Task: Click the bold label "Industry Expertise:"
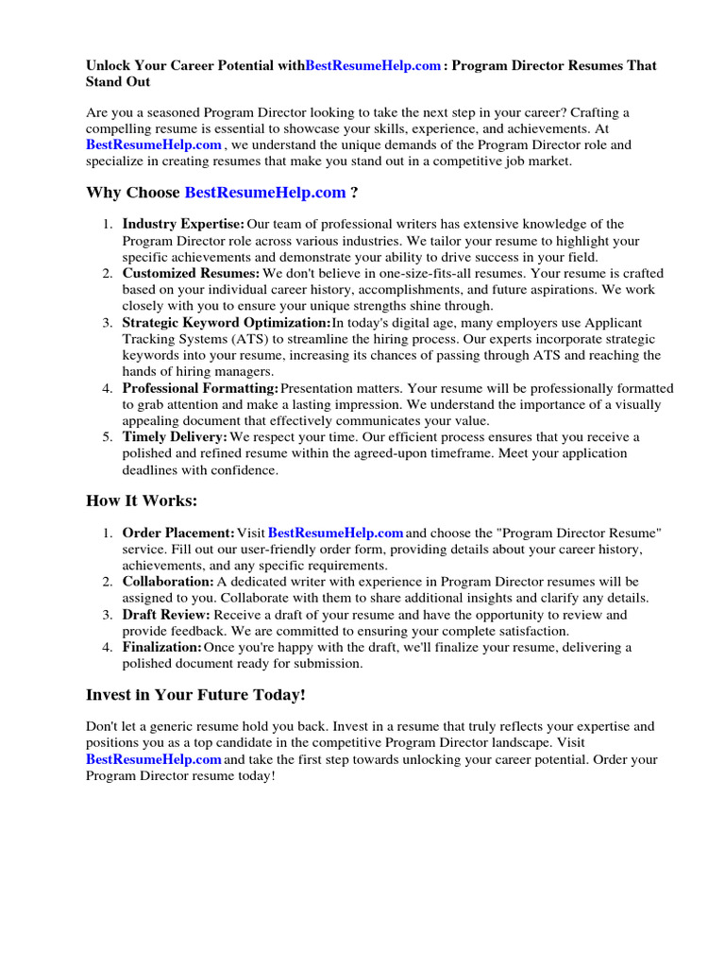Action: click(183, 224)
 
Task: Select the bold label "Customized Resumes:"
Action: click(192, 273)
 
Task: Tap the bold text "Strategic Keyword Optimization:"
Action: click(227, 322)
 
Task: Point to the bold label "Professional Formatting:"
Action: click(201, 388)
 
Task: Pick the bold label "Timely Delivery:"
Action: click(175, 437)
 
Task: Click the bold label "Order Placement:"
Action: click(178, 534)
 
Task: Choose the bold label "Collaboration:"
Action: click(168, 583)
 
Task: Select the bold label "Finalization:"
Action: click(162, 647)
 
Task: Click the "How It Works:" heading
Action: click(142, 500)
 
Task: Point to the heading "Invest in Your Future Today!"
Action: click(195, 694)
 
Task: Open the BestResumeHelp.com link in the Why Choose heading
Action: click(265, 193)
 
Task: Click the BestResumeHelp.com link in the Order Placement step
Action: click(336, 534)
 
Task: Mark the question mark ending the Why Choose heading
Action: click(354, 193)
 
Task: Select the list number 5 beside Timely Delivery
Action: click(108, 437)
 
